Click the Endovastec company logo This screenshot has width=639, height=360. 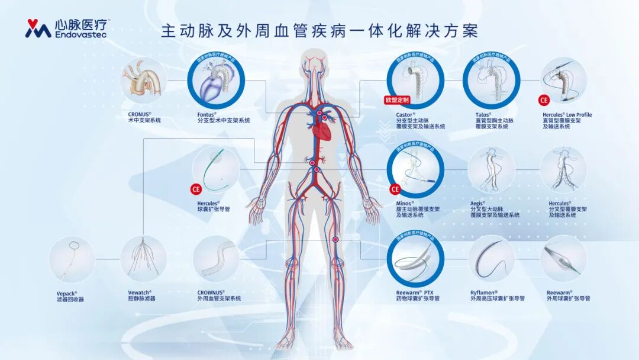point(67,28)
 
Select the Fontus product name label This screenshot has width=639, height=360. point(206,114)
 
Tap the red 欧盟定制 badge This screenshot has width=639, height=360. point(396,101)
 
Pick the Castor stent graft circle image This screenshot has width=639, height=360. point(415,82)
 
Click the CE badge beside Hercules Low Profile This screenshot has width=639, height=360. point(544,100)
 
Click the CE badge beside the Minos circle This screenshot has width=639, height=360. point(395,189)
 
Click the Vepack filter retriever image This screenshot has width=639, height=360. point(72,259)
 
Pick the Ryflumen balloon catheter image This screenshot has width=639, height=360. point(491,259)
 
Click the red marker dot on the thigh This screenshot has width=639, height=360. point(335,240)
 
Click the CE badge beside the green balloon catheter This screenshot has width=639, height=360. point(196,189)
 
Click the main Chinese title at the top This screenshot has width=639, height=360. point(319,31)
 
